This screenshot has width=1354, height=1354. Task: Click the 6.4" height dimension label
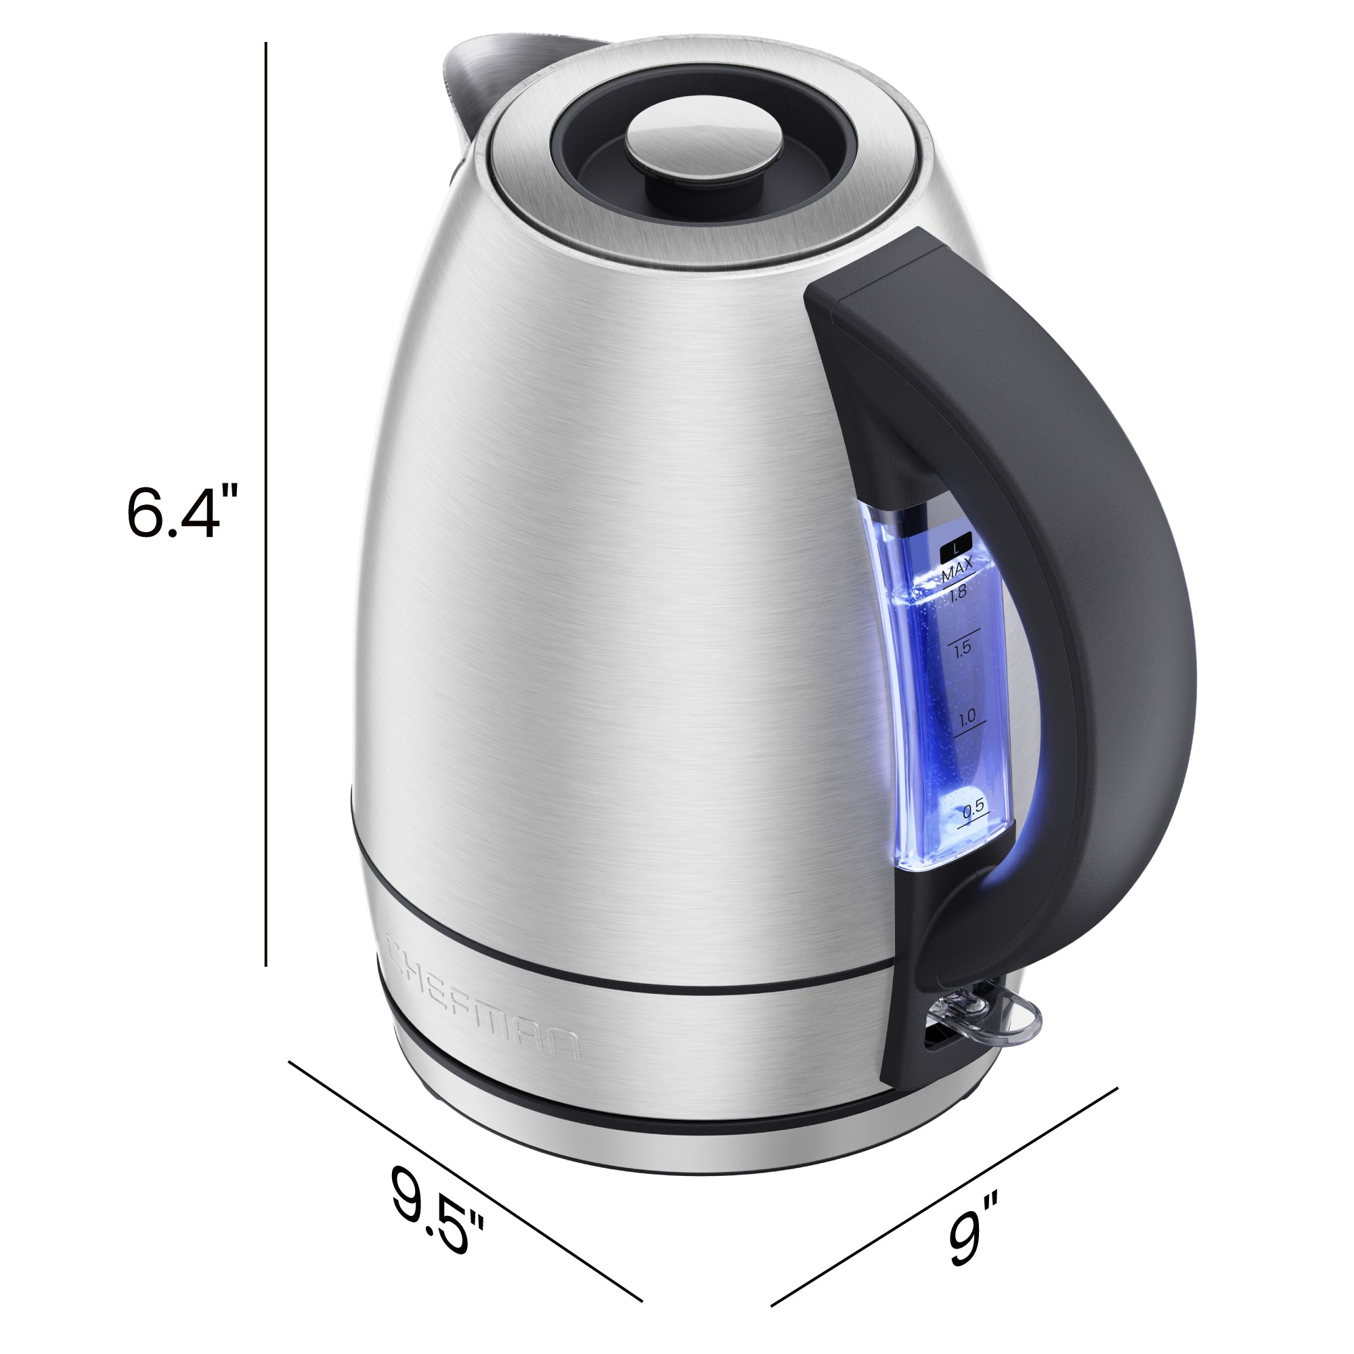(183, 512)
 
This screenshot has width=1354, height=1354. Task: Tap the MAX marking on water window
(957, 569)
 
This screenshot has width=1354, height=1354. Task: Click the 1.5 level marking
(962, 649)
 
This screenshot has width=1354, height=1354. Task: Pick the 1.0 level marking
(967, 717)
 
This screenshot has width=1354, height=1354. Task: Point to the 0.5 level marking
(973, 808)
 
